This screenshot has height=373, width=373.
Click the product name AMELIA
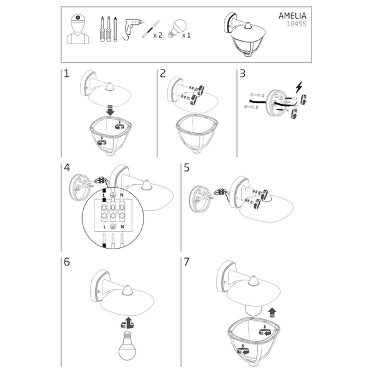tap(292, 16)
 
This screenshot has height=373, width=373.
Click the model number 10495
tap(296, 24)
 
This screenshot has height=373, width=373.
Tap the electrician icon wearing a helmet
tap(78, 29)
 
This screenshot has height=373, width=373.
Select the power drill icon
tap(132, 29)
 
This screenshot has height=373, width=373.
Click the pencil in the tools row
tap(116, 29)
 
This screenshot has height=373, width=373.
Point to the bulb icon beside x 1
tap(177, 29)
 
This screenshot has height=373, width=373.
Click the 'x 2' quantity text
tap(157, 35)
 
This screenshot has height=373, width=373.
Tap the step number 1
tap(67, 74)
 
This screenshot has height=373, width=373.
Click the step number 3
tap(242, 74)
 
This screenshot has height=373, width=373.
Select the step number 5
tap(186, 168)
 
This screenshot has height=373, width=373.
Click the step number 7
tap(186, 262)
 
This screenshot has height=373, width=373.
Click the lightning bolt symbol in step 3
tap(299, 87)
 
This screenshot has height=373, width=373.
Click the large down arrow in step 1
tap(109, 110)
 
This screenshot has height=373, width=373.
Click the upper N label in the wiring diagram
tap(122, 195)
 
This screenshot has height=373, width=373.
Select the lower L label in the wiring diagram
tap(104, 227)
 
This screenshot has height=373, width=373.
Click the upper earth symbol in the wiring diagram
tap(113, 195)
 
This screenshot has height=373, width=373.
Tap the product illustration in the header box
tap(245, 35)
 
